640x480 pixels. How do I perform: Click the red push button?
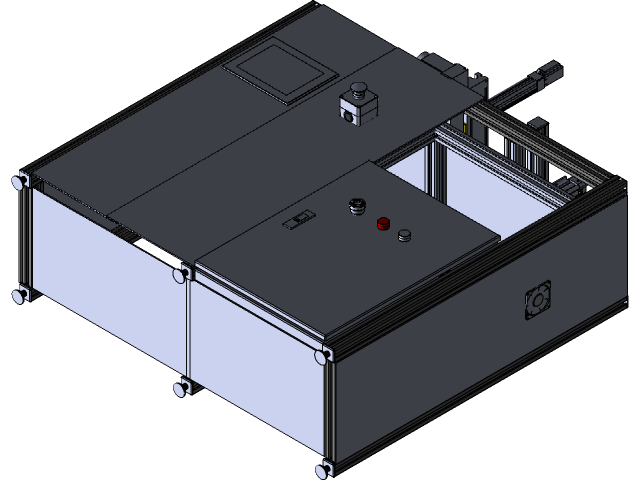pyautogui.click(x=382, y=223)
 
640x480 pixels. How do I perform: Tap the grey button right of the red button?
pyautogui.click(x=404, y=236)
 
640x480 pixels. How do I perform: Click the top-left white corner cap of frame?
pyautogui.click(x=20, y=182)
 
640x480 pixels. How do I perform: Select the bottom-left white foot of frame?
pyautogui.click(x=20, y=294)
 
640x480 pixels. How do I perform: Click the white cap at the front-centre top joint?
pyautogui.click(x=181, y=273)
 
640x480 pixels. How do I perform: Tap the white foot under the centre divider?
pyautogui.click(x=181, y=387)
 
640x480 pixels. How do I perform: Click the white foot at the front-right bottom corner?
pyautogui.click(x=323, y=468)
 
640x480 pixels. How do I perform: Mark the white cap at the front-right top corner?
pyautogui.click(x=322, y=355)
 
